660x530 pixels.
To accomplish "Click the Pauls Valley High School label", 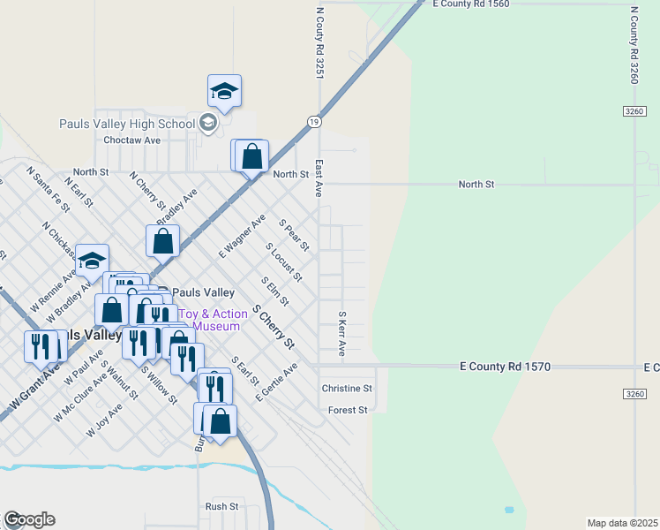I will click(126, 124).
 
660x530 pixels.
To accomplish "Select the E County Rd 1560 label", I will click(471, 4).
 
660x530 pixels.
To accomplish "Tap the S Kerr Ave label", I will click(341, 333).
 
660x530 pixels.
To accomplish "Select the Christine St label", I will click(347, 389).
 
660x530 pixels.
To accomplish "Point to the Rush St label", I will click(221, 506).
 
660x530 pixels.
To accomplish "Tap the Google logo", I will click(29, 519).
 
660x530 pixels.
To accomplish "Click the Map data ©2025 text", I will click(622, 523).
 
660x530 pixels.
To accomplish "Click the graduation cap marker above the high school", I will click(224, 92).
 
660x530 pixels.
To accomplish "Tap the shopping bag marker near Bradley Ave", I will click(163, 240).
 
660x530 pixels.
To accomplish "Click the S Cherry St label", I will click(273, 328).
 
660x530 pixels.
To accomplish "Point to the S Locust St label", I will click(286, 264).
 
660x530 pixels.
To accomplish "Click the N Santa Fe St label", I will click(48, 189).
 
